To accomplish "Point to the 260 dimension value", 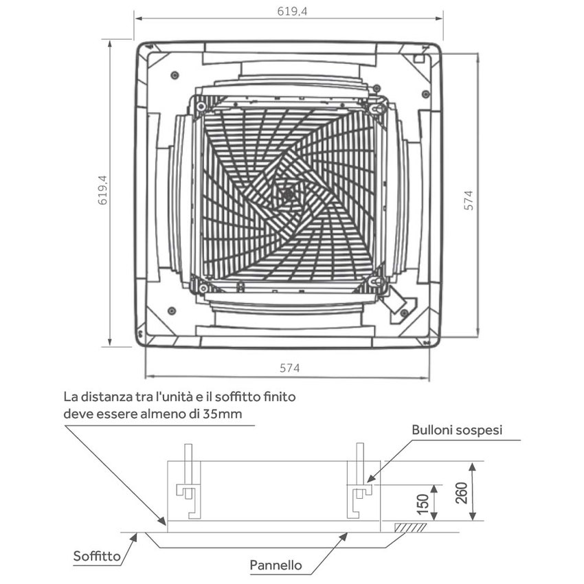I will point(461,493).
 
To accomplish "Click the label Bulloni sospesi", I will point(457,431).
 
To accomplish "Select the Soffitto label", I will point(97,557).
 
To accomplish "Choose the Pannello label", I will point(276,565).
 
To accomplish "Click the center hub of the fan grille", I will point(288,194).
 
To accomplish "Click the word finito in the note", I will point(279,397).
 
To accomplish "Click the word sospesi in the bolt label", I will point(480,431).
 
